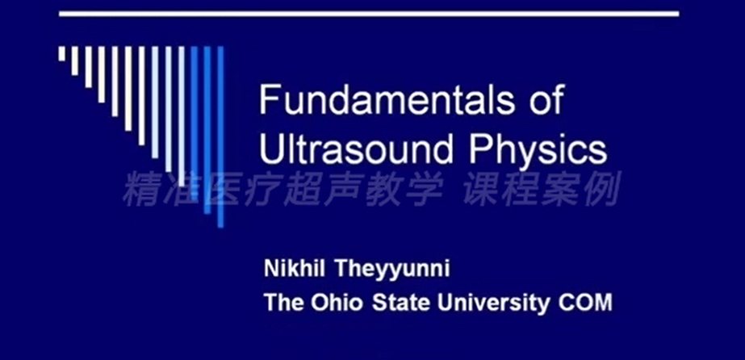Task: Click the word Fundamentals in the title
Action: click(387, 99)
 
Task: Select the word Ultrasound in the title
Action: click(356, 149)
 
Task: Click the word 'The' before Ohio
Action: click(283, 303)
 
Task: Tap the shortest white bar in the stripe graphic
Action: click(62, 53)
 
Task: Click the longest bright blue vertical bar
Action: click(220, 136)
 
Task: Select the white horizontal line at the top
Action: click(369, 14)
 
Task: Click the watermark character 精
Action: click(141, 189)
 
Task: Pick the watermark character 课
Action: click(481, 189)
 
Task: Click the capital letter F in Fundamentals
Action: click(269, 99)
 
